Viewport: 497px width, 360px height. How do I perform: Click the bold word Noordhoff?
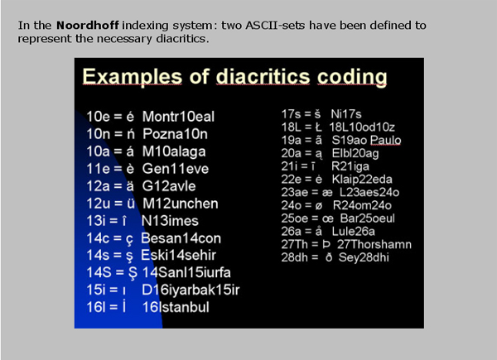pos(88,26)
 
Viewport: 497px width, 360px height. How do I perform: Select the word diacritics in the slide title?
pos(263,77)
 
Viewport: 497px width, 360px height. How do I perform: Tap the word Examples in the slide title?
pos(133,77)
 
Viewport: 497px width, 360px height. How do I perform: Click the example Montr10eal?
pos(178,117)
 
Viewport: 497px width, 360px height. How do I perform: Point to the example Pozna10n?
pos(175,134)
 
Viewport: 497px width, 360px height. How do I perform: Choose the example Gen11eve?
pos(176,169)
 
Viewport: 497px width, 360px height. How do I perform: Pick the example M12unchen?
pos(181,204)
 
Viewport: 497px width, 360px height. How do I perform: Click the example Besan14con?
pos(181,238)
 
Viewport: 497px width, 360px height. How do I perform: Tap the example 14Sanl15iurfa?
pos(186,272)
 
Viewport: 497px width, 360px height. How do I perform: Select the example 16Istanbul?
pos(176,307)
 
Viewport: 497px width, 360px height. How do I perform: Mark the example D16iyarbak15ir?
pos(191,290)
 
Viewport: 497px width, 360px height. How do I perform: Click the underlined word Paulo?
pos(385,140)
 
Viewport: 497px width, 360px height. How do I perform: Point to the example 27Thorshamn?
pos(374,244)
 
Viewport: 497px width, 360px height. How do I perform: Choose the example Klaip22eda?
pos(362,180)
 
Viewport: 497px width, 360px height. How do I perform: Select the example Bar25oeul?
pos(367,218)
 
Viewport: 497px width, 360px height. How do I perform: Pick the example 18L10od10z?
pos(362,127)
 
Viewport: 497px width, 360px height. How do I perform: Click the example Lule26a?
pos(354,232)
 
